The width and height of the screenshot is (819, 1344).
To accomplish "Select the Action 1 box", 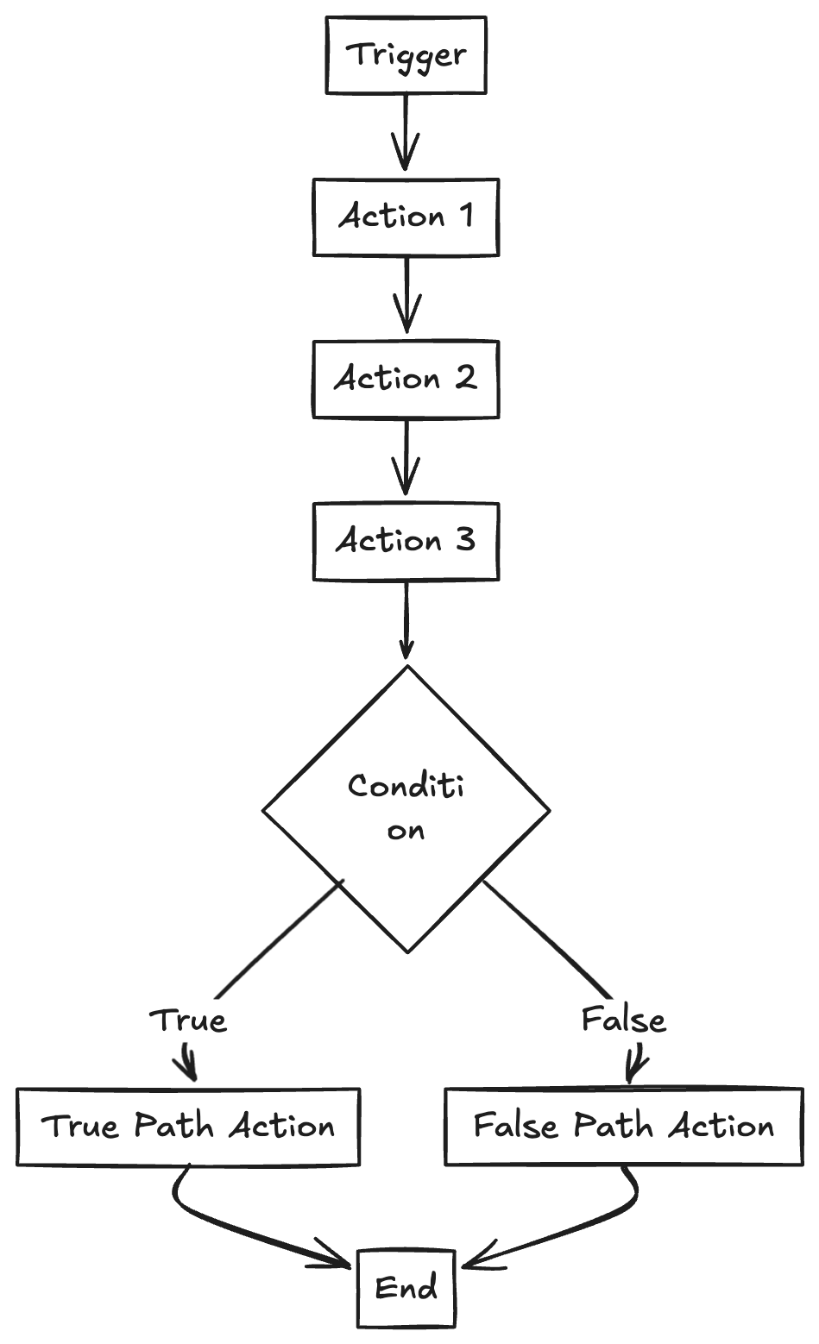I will (x=406, y=217).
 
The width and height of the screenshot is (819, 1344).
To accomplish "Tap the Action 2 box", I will (x=406, y=378).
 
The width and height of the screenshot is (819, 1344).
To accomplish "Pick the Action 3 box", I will (x=406, y=541).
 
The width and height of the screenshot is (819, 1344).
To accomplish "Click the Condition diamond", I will (x=406, y=809).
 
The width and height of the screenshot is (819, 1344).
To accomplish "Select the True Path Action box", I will (x=188, y=1127).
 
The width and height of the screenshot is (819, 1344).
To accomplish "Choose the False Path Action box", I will (x=623, y=1127).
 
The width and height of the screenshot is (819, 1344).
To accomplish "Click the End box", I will (x=406, y=1289).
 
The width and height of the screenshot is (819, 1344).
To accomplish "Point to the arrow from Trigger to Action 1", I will (x=406, y=134).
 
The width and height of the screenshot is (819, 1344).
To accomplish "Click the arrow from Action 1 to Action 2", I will (x=406, y=295).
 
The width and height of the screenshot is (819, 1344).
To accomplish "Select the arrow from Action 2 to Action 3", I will (x=406, y=457).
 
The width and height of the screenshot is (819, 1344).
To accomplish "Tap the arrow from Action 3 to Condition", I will (x=406, y=619).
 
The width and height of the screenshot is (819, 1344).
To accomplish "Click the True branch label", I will (x=188, y=1021).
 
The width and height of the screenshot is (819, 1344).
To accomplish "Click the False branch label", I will (x=623, y=1021).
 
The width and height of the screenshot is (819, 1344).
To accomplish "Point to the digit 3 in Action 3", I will (x=463, y=541).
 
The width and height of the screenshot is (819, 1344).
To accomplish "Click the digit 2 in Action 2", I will (x=465, y=378).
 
